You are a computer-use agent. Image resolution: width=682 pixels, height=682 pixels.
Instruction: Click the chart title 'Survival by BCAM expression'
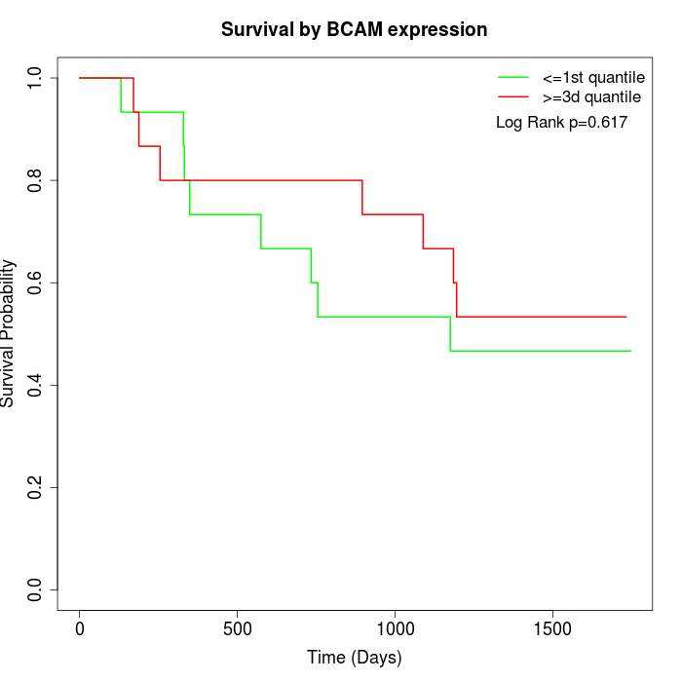click(354, 30)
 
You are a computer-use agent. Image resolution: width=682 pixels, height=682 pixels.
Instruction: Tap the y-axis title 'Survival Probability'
click(9, 333)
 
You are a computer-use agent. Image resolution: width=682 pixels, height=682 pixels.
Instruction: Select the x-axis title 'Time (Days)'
click(354, 658)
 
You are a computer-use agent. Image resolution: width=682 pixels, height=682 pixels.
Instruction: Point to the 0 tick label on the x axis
click(80, 627)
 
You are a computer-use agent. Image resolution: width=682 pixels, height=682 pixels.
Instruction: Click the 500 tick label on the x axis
click(238, 627)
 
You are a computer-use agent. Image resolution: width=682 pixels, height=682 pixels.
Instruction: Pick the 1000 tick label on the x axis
click(396, 627)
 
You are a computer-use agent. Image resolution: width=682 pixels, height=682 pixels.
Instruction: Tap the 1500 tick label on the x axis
click(553, 627)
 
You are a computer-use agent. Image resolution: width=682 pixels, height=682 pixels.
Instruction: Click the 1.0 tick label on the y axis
click(36, 78)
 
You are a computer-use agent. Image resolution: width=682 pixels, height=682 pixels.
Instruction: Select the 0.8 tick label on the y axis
click(36, 180)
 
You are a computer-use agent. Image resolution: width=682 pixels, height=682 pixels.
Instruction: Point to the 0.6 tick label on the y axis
click(36, 283)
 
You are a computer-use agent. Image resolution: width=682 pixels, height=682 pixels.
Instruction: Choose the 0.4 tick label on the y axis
click(36, 385)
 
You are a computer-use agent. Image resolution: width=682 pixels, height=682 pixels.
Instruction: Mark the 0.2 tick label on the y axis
click(36, 487)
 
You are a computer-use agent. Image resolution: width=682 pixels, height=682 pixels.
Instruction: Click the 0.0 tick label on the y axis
click(36, 589)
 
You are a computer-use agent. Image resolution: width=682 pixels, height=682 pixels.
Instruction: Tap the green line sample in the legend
click(513, 77)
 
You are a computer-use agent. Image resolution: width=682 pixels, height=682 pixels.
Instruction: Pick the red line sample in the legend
click(513, 96)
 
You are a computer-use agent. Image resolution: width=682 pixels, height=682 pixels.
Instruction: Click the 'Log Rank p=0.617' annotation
click(561, 123)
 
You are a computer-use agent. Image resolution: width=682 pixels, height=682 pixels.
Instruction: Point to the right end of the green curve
click(630, 351)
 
